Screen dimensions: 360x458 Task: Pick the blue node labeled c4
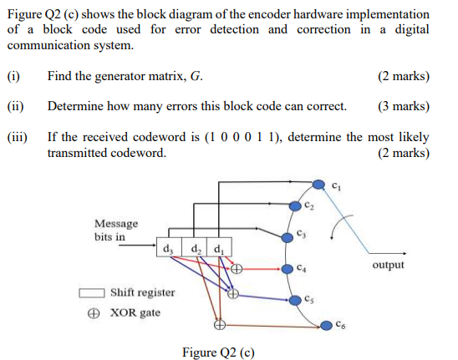point(282,269)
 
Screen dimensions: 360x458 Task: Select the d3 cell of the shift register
point(167,247)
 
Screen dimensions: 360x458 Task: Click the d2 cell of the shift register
point(194,247)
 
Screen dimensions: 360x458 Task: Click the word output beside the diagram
point(388,265)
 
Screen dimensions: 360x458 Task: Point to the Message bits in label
point(116,230)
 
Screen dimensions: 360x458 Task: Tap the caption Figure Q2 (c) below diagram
point(218,352)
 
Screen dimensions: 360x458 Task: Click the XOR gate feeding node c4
point(237,269)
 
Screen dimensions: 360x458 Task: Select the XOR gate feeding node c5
point(234,294)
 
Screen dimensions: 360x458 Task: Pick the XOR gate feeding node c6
point(219,325)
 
